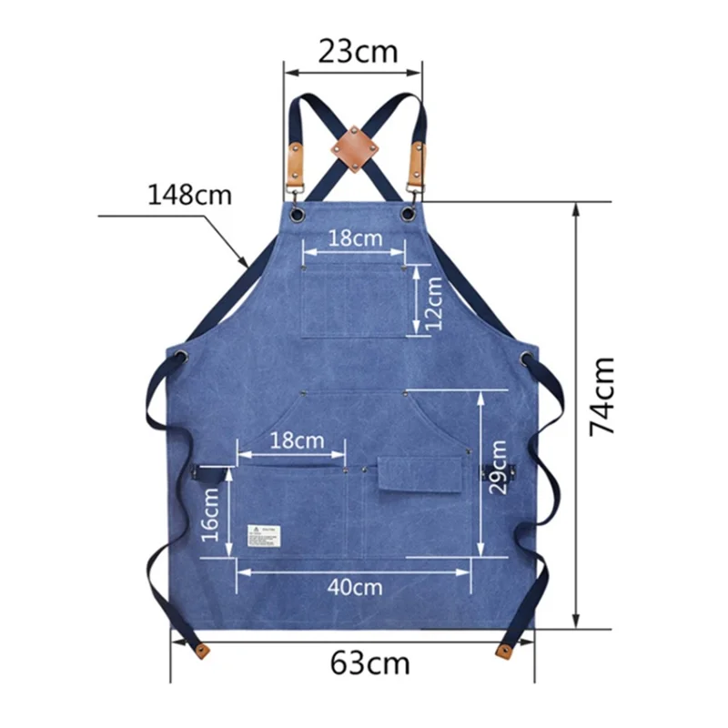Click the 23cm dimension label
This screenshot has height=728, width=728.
tap(358, 51)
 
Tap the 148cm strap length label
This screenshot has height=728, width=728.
tap(191, 195)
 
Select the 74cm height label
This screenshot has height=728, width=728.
tap(603, 398)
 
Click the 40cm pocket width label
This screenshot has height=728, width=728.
tap(355, 587)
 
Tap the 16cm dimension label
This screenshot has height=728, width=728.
tap(210, 515)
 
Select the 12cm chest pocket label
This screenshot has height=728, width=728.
tap(434, 303)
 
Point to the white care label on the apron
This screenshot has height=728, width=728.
tap(262, 537)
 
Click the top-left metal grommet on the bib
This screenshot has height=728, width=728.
tap(298, 214)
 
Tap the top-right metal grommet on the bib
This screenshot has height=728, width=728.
tap(407, 214)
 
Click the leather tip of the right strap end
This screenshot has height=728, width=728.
tap(502, 649)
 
